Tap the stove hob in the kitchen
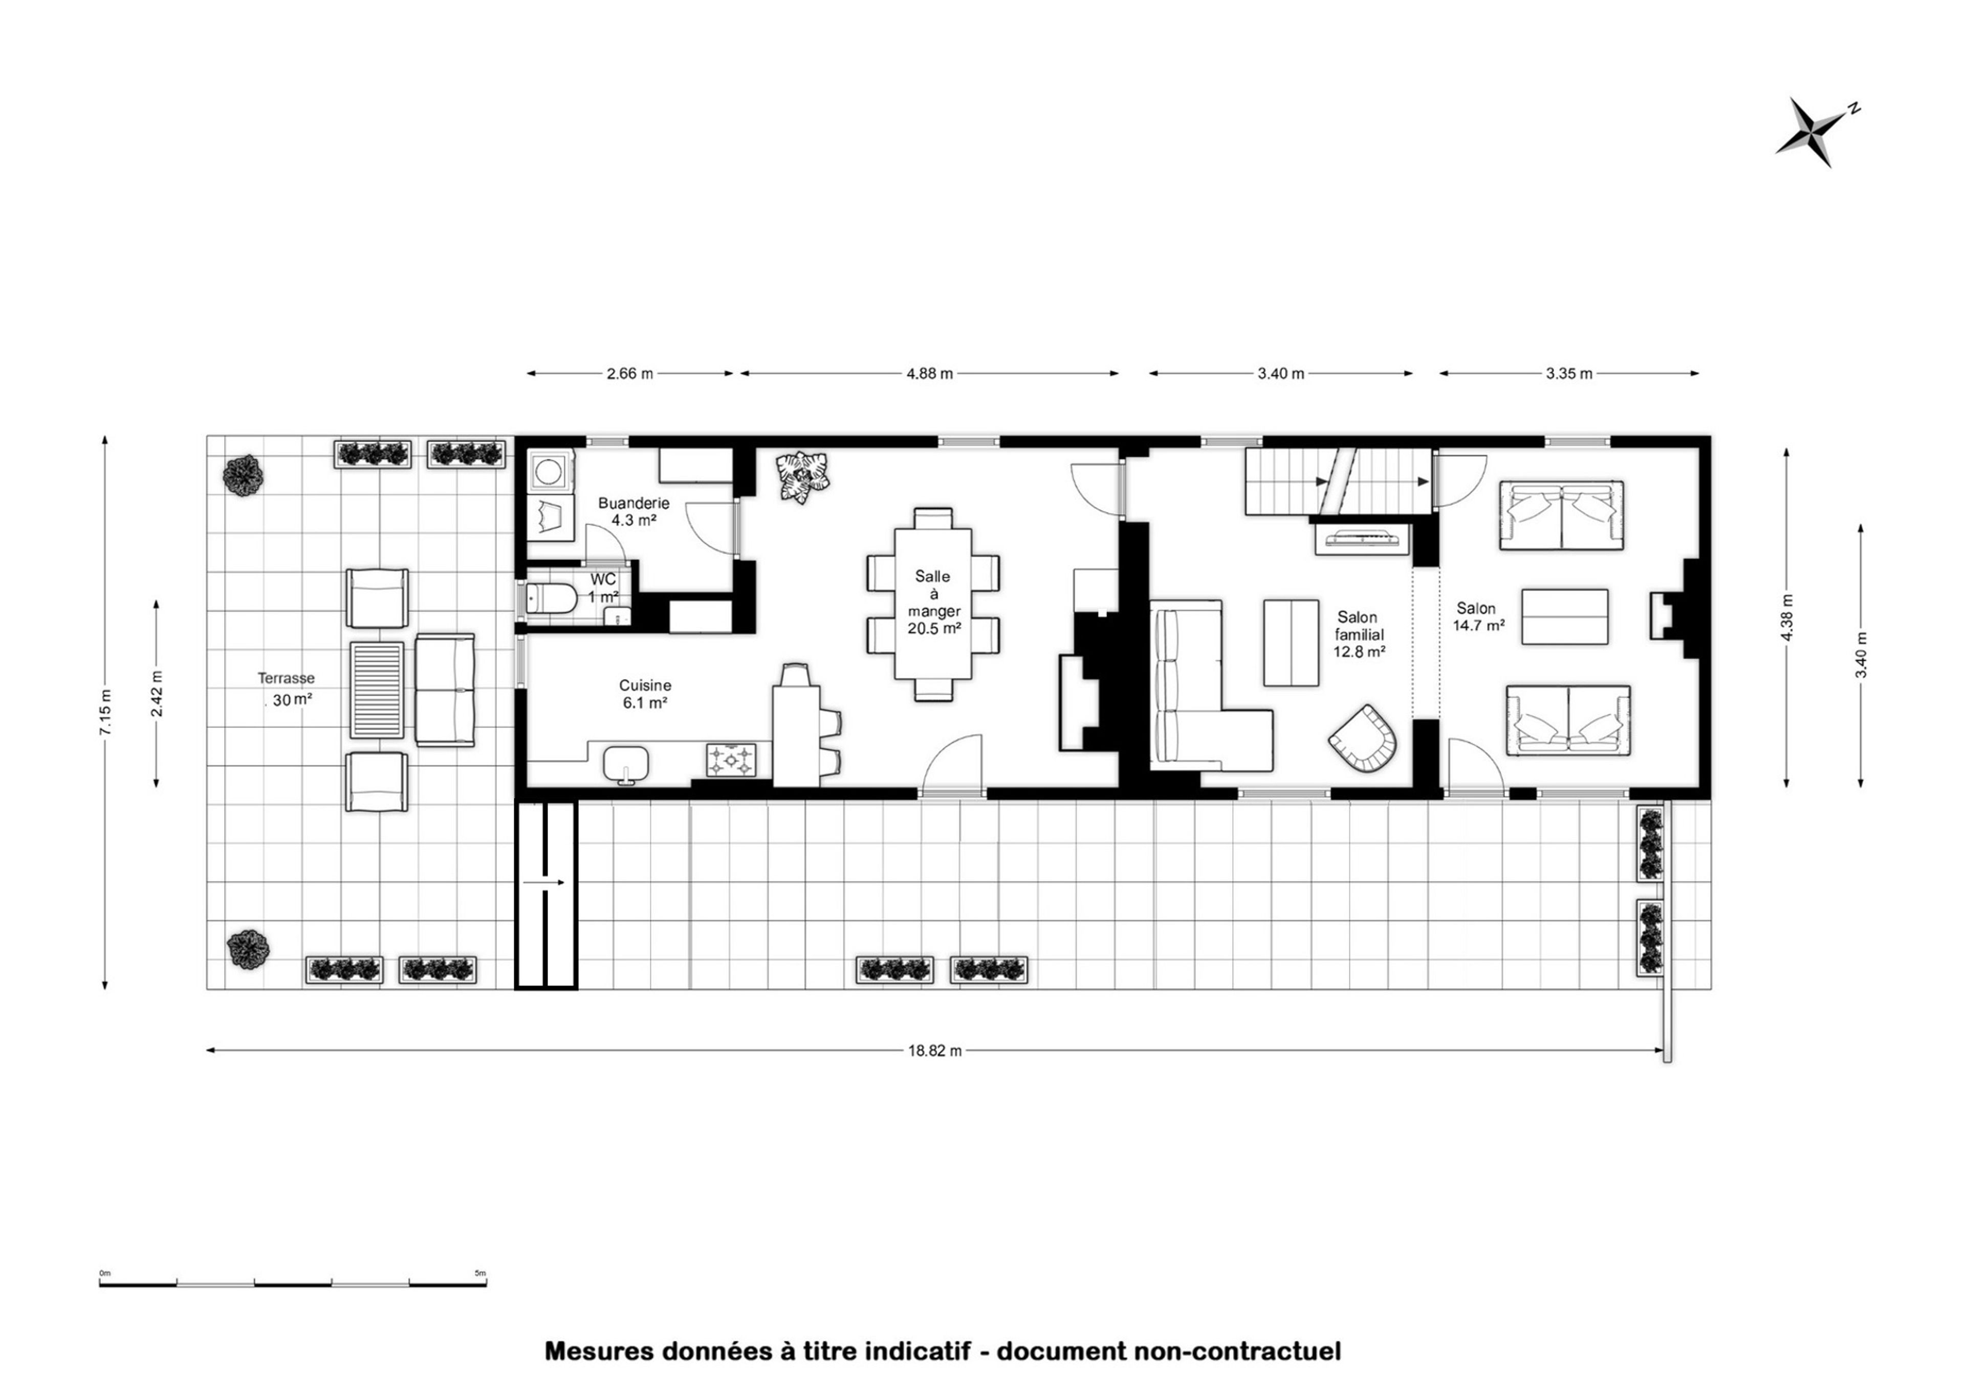click(x=731, y=760)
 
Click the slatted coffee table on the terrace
click(x=377, y=690)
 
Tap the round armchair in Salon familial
click(x=1363, y=737)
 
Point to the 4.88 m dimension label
click(x=930, y=373)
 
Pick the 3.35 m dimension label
click(x=1569, y=373)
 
